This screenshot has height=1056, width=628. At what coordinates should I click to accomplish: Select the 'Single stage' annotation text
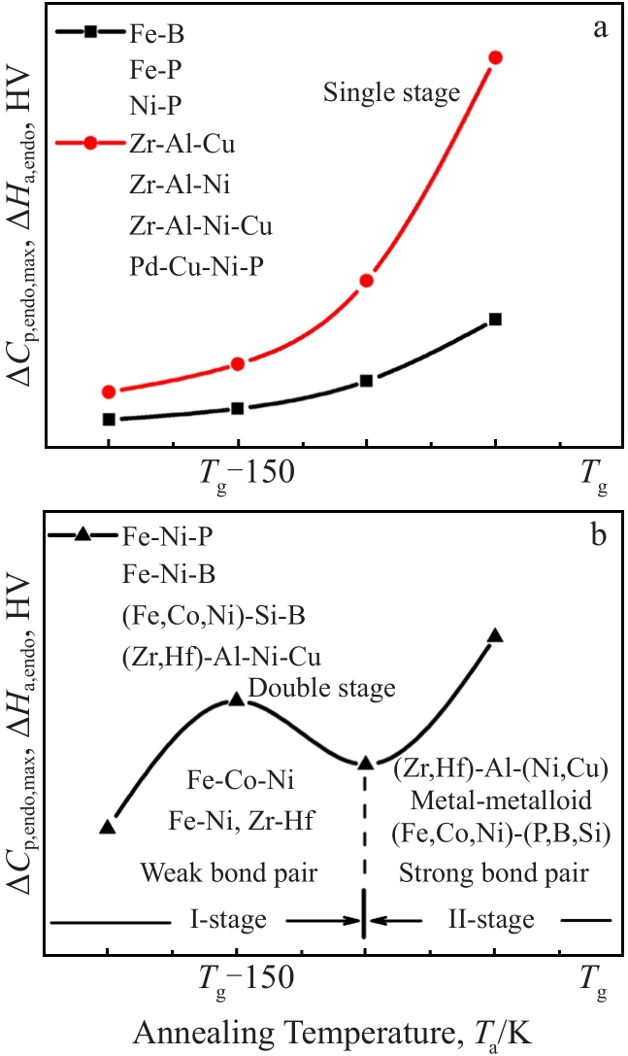pyautogui.click(x=391, y=93)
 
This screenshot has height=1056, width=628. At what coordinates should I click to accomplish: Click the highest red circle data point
pyautogui.click(x=496, y=57)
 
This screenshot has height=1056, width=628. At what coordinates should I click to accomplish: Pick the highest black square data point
pyautogui.click(x=495, y=319)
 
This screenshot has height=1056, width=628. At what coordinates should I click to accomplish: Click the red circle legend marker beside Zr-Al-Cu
pyautogui.click(x=90, y=144)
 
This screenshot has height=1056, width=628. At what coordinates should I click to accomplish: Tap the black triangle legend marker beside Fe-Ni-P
pyautogui.click(x=83, y=533)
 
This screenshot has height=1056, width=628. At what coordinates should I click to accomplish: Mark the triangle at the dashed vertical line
pyautogui.click(x=365, y=763)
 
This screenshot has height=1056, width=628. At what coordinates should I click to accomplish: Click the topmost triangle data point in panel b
pyautogui.click(x=495, y=635)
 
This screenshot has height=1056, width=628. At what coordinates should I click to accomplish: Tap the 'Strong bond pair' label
pyautogui.click(x=494, y=872)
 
